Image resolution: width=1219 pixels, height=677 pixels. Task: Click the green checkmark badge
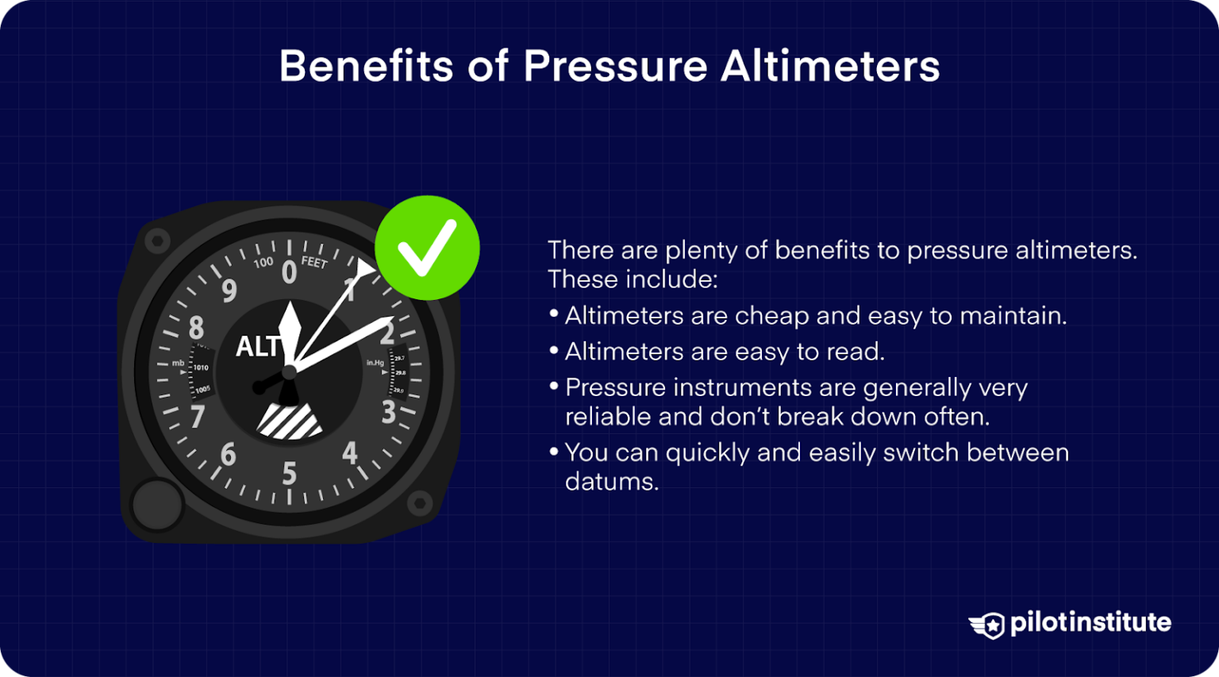click(x=427, y=248)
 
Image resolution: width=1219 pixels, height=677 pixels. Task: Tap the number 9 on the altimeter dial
click(x=229, y=291)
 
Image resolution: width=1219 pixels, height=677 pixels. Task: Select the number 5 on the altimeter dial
click(x=290, y=474)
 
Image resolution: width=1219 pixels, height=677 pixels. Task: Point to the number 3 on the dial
click(x=388, y=413)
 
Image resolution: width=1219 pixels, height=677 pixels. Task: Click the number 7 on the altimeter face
click(x=198, y=416)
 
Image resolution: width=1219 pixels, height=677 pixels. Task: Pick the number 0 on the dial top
click(x=289, y=273)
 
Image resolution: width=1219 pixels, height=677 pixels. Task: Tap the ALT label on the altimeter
click(x=258, y=347)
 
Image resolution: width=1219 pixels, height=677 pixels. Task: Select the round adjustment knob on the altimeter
click(x=157, y=505)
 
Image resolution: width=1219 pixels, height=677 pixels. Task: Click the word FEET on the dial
click(x=314, y=261)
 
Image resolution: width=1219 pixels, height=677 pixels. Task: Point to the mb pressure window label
click(x=179, y=364)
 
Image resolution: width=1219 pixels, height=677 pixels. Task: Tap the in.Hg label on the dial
click(x=375, y=363)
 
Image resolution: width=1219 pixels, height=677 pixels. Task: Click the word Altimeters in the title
click(x=830, y=66)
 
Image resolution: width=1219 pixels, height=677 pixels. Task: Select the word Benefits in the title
click(x=366, y=66)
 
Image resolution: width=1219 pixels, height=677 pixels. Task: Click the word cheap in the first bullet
click(x=771, y=316)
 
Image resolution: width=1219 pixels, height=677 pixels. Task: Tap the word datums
click(x=611, y=482)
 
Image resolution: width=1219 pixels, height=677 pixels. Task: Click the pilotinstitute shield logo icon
click(x=988, y=625)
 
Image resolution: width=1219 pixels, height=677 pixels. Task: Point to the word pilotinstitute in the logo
click(x=1090, y=623)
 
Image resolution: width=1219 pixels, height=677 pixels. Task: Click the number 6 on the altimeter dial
click(x=229, y=454)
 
